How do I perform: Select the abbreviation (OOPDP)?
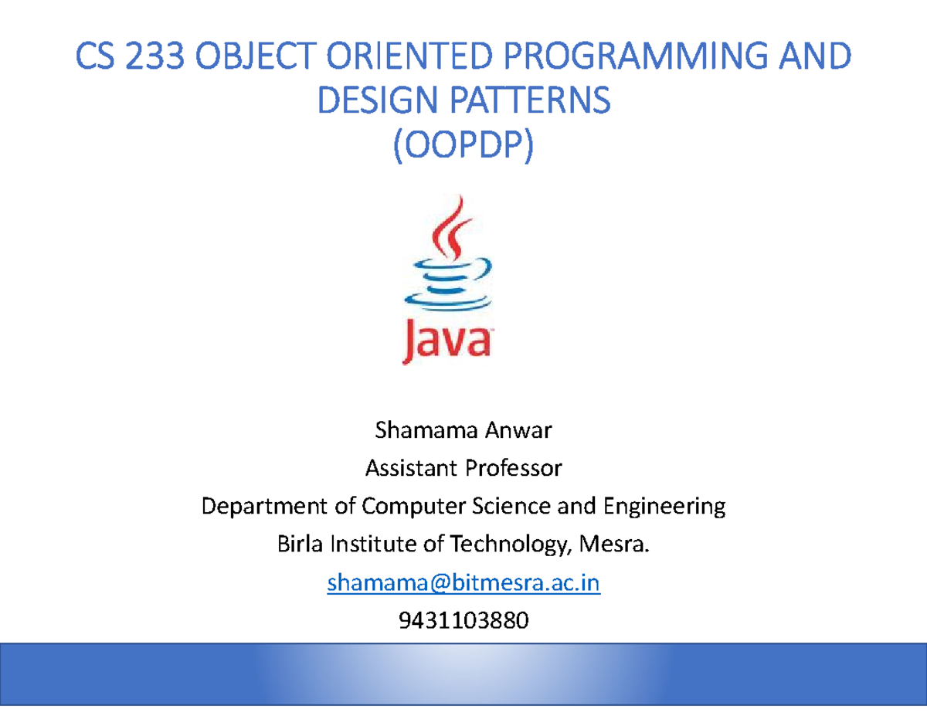pyautogui.click(x=463, y=146)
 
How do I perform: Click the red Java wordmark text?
pyautogui.click(x=447, y=341)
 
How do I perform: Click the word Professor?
pyautogui.click(x=508, y=468)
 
